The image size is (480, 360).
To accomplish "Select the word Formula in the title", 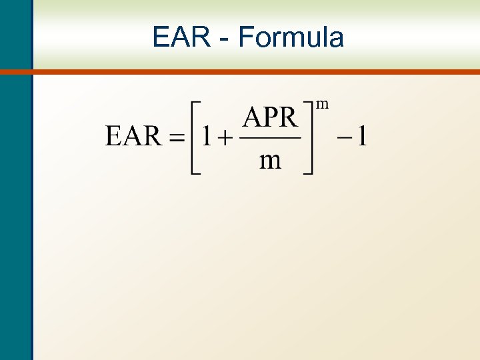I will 291,37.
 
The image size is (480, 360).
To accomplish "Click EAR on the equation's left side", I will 133,137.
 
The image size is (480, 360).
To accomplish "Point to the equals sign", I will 175,138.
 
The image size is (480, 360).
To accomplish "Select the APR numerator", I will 269,119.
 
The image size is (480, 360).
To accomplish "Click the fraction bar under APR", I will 269,139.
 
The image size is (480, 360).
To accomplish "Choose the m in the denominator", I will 270,161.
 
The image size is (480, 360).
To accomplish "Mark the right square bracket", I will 308,138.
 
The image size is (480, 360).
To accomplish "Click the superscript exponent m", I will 323,103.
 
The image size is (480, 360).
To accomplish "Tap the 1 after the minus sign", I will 361,137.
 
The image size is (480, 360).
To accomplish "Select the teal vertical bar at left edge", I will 15,200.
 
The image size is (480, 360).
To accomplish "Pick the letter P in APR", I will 271,119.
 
